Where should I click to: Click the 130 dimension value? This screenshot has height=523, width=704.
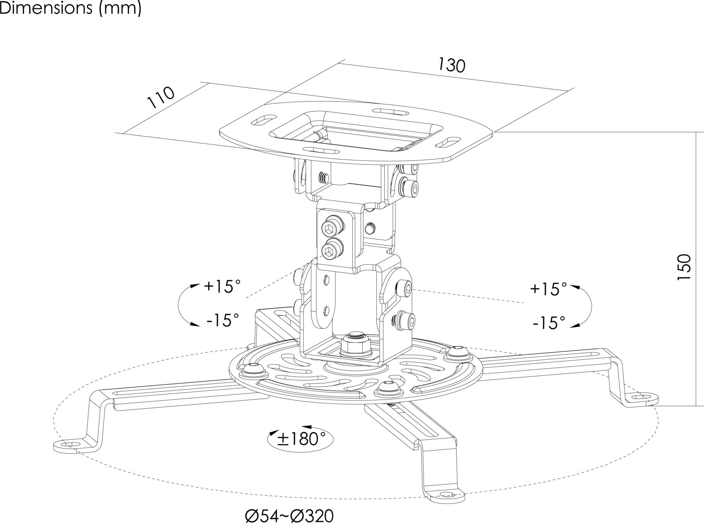tap(451, 65)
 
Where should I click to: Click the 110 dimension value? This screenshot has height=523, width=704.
tap(161, 98)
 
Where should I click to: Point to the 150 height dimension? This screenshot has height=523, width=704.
tap(684, 267)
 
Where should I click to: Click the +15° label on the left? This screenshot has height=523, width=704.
tap(222, 286)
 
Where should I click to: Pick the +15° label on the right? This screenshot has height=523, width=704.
tap(548, 289)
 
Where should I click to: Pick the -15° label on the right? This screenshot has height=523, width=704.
tap(549, 323)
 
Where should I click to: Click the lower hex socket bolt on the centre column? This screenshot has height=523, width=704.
tap(330, 250)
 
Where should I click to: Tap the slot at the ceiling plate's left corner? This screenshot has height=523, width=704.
tap(260, 121)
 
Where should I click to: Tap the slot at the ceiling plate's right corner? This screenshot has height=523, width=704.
tap(447, 143)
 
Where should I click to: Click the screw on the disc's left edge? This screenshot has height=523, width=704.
tap(252, 368)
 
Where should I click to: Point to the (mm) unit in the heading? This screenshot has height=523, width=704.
tap(121, 8)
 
